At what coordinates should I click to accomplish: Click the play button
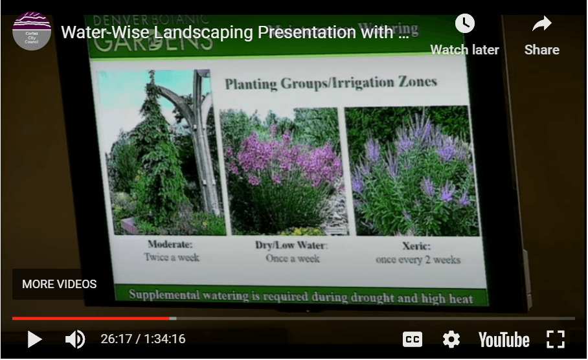click(x=34, y=339)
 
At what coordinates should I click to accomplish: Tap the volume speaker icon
click(x=74, y=339)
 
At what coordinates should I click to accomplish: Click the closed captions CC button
click(x=413, y=339)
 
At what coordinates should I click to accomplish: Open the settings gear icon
click(x=451, y=339)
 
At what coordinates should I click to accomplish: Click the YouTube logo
click(x=504, y=339)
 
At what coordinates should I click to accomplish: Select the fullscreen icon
click(x=555, y=339)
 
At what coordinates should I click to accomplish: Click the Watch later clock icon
click(x=464, y=25)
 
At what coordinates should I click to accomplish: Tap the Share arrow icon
click(x=541, y=25)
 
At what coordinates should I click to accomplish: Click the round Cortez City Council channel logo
click(x=32, y=30)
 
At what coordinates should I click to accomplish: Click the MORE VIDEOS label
click(x=60, y=284)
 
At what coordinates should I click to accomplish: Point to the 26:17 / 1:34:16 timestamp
click(x=142, y=339)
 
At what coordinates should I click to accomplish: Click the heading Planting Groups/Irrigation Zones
click(x=330, y=83)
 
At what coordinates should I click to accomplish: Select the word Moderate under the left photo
click(x=170, y=245)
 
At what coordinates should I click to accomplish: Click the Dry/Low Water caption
click(x=291, y=245)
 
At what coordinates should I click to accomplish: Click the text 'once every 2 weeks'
click(x=418, y=260)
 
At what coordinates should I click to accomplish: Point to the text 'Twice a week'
click(x=171, y=258)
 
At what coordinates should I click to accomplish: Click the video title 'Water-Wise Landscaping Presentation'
click(x=234, y=32)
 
